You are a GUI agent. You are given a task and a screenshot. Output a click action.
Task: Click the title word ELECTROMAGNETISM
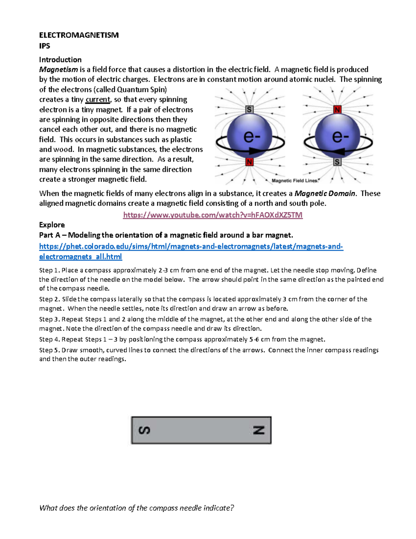79,35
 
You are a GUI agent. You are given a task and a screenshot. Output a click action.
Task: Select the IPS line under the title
44,46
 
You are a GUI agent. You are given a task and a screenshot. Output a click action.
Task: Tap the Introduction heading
60,60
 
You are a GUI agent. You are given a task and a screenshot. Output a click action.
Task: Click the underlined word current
97,100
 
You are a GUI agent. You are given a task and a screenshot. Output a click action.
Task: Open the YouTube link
213,215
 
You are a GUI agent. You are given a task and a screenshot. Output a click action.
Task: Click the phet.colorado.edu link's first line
191,246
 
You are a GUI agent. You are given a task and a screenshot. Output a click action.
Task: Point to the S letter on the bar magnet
144,430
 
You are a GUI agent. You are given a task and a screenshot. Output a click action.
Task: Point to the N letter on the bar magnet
259,430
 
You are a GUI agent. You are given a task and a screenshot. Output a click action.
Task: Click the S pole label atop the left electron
249,110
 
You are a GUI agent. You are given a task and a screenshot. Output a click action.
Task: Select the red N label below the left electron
249,162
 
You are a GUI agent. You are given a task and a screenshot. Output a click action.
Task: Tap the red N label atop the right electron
337,110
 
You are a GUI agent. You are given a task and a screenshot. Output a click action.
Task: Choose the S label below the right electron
337,162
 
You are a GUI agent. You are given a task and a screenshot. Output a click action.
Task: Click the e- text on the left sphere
252,136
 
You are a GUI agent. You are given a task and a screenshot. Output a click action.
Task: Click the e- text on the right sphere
340,136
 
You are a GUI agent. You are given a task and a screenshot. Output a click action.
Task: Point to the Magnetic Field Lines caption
295,180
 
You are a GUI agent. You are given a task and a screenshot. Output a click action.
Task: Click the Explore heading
52,225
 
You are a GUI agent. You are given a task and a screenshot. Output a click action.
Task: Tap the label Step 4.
50,339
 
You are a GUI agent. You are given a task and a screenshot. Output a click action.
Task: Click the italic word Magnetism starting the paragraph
58,69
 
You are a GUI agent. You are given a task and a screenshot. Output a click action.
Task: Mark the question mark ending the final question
232,508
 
